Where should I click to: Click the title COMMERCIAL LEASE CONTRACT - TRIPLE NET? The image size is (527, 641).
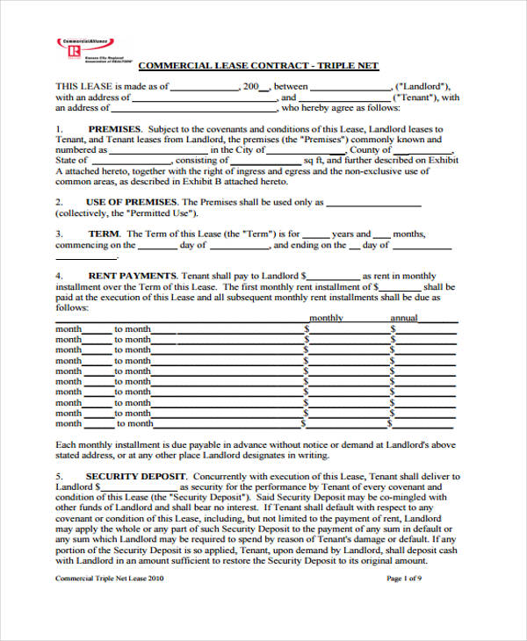click(259, 66)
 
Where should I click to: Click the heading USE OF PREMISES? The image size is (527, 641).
click(129, 202)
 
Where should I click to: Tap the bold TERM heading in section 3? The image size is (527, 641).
click(105, 234)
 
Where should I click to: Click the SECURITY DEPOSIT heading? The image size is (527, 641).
click(133, 476)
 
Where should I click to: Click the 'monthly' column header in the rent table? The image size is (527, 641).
click(326, 318)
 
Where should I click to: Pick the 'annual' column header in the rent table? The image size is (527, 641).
click(404, 318)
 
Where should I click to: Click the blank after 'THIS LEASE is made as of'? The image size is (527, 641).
click(204, 87)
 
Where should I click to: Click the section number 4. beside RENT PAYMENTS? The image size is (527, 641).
click(59, 276)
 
